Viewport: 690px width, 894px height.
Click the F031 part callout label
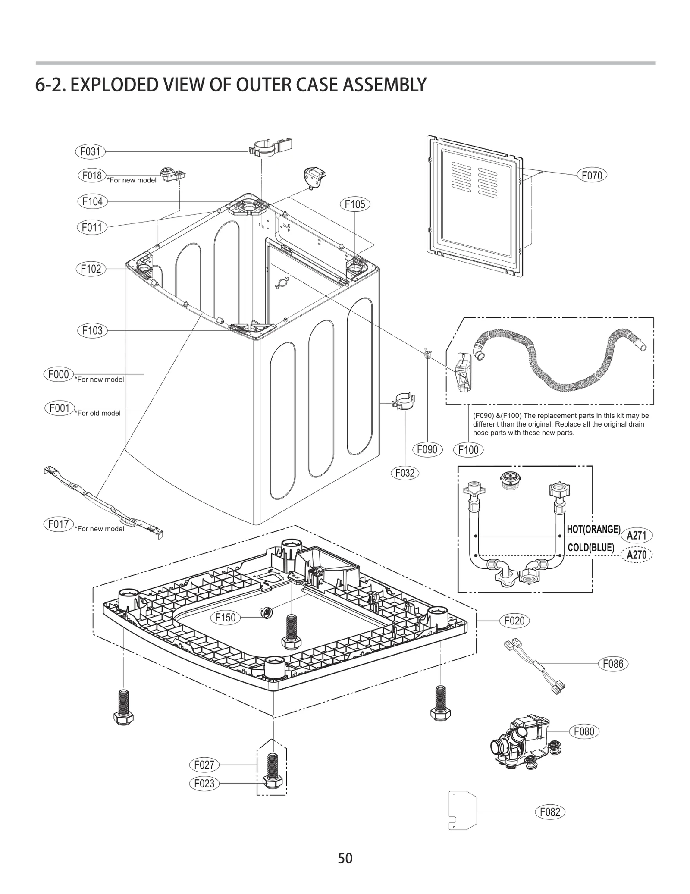[90, 151]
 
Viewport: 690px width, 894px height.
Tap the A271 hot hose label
[636, 536]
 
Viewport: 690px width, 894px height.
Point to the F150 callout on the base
[226, 618]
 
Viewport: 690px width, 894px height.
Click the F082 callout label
[550, 812]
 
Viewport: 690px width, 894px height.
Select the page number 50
[345, 858]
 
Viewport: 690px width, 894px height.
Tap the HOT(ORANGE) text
[593, 530]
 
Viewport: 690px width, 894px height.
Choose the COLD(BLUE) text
[590, 548]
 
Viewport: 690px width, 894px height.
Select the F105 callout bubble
[354, 204]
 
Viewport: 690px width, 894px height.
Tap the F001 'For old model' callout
[60, 408]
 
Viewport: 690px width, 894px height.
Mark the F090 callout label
[427, 449]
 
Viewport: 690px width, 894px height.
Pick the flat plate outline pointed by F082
[463, 811]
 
